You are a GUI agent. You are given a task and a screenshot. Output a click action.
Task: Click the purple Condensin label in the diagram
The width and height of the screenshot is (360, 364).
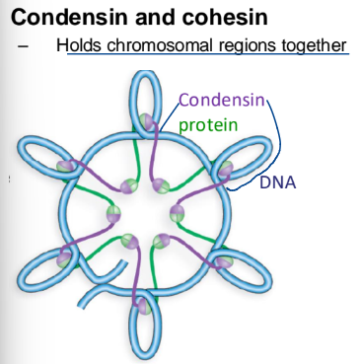tap(221, 100)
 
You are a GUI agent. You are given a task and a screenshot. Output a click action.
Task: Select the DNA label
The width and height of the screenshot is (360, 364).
tap(279, 183)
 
